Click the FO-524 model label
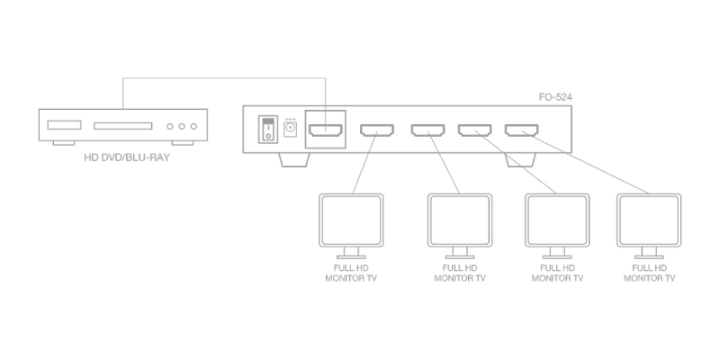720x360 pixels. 555,97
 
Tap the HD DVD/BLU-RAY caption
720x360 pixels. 127,158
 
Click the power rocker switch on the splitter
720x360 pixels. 267,130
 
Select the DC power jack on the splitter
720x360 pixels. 290,130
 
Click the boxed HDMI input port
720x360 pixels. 326,130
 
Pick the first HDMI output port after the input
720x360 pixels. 377,130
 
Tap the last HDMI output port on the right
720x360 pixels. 522,130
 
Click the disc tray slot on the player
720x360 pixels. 123,126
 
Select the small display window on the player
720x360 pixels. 64,125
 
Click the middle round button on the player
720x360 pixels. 182,126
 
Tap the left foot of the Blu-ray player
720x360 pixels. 64,143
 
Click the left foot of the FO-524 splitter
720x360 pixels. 294,160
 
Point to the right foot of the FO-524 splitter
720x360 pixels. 520,160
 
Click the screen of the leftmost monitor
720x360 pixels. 351,220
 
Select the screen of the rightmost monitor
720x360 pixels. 649,220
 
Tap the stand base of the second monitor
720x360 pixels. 460,256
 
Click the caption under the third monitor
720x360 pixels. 557,273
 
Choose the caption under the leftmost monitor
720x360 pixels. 351,273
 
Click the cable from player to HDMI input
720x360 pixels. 224,78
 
